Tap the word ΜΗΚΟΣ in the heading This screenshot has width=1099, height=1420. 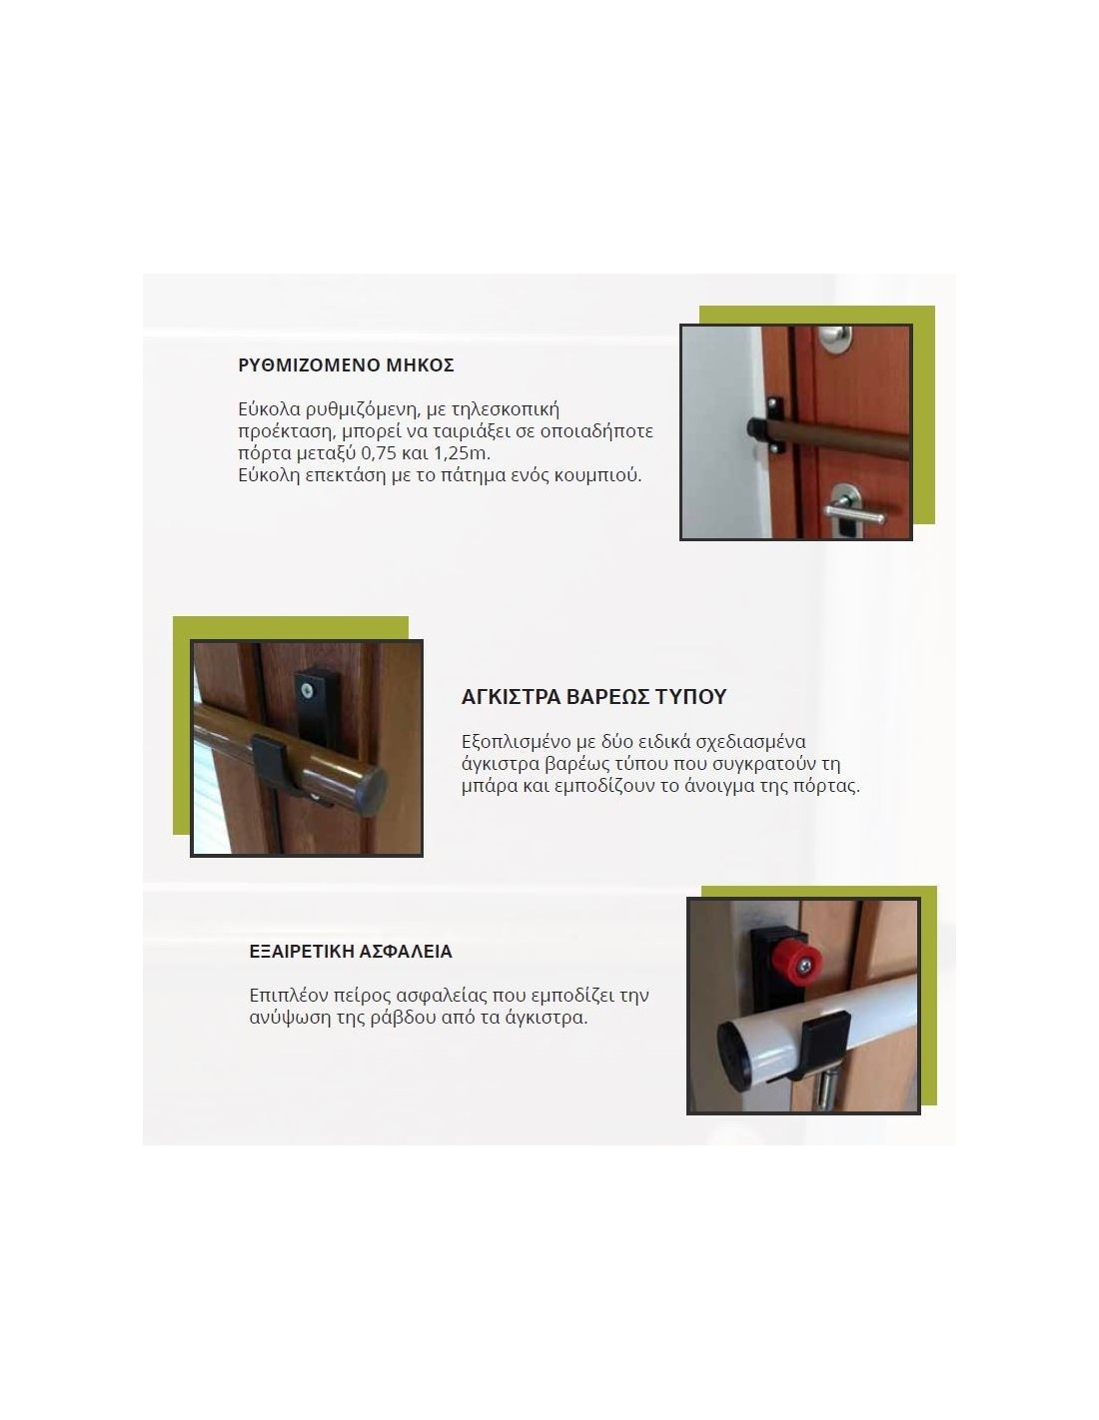click(419, 363)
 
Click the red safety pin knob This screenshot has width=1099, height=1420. click(790, 959)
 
